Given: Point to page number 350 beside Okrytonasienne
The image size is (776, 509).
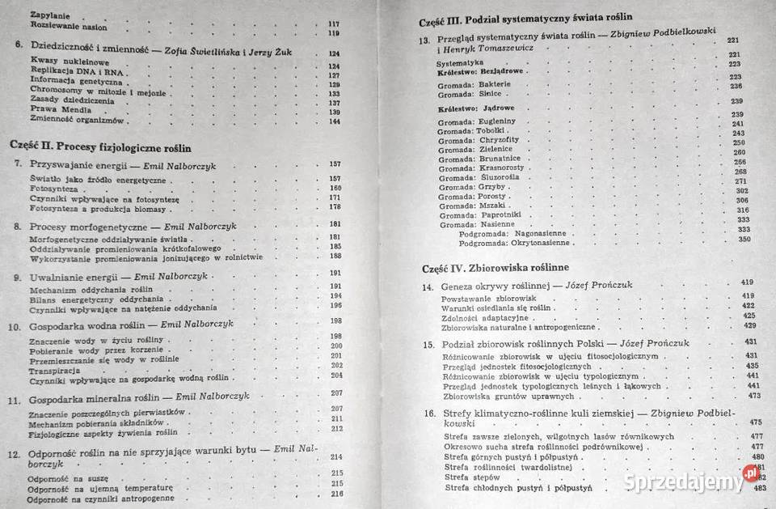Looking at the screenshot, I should click(x=744, y=239).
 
